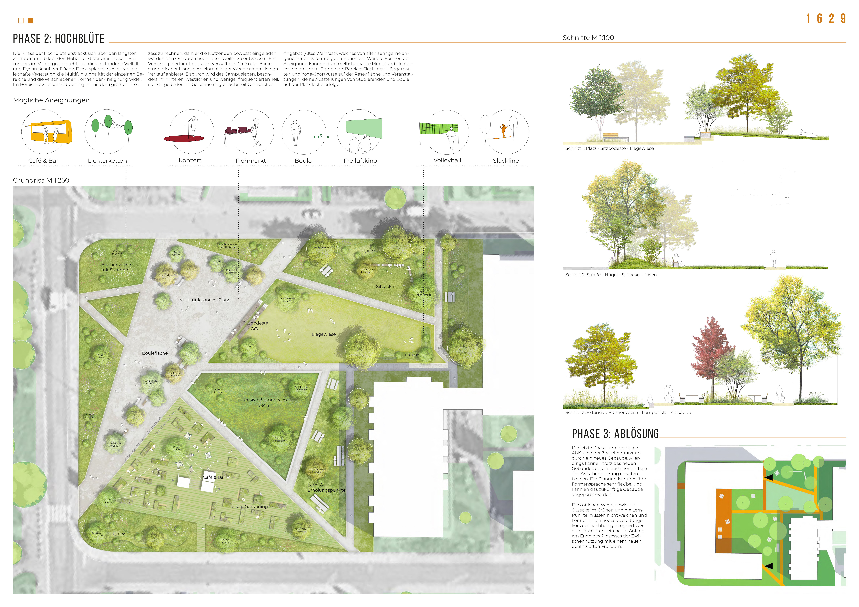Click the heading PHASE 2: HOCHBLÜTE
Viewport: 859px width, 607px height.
(x=59, y=39)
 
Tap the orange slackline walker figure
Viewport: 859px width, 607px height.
(x=504, y=131)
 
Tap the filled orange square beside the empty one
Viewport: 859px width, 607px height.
(x=31, y=21)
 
